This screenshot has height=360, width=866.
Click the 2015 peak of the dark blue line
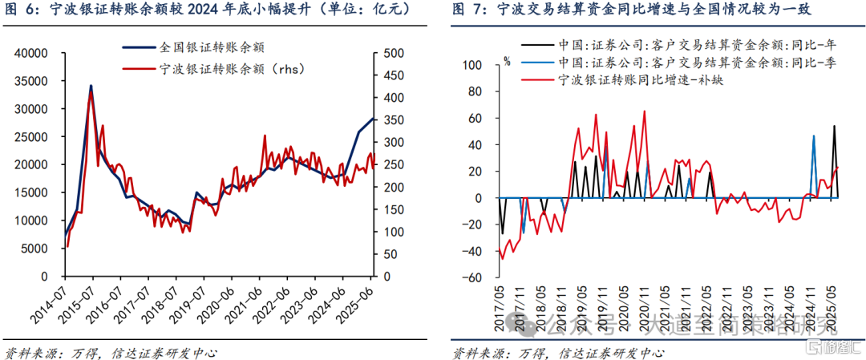pyautogui.click(x=91, y=86)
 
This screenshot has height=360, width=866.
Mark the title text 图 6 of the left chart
pyautogui.click(x=20, y=10)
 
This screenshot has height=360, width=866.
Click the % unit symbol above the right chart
pyautogui.click(x=506, y=59)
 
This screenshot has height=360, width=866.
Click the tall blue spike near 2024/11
pyautogui.click(x=814, y=136)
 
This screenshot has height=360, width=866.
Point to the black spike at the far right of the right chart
pyautogui.click(x=834, y=126)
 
